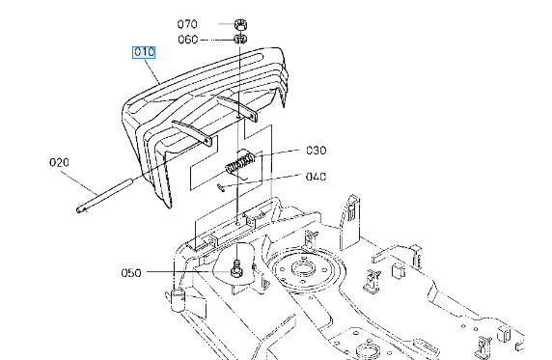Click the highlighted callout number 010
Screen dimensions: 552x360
(x=144, y=52)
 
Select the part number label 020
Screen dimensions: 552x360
(x=59, y=163)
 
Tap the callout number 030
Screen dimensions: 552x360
(x=317, y=151)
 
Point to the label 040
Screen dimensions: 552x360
(x=317, y=177)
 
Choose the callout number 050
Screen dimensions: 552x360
(x=131, y=273)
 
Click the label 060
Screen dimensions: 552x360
(x=188, y=40)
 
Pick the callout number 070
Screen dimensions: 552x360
(x=187, y=24)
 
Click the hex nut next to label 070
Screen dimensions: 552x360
(x=241, y=25)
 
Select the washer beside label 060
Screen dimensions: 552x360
(x=241, y=40)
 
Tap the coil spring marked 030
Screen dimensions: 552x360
(x=240, y=162)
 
